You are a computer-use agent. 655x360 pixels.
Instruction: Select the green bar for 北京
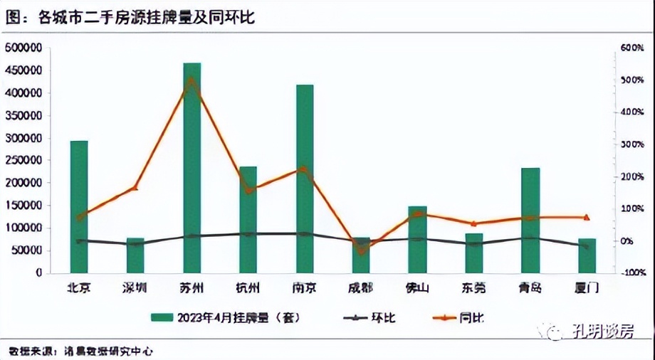click(x=79, y=206)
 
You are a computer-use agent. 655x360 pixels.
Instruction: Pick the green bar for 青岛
click(x=530, y=220)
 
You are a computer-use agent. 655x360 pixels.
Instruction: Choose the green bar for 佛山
click(x=417, y=239)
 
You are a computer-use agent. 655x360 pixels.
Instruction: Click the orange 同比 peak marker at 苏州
click(x=192, y=80)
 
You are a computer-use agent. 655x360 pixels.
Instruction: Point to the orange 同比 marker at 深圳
click(x=135, y=188)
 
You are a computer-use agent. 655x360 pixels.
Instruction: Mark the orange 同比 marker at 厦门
click(x=587, y=217)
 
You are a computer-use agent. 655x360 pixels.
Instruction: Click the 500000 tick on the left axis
click(x=23, y=48)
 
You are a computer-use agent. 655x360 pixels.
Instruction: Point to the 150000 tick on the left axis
click(x=23, y=206)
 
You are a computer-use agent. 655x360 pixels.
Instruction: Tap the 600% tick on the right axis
click(x=632, y=48)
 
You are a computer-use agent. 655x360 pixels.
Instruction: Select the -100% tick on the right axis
click(x=631, y=273)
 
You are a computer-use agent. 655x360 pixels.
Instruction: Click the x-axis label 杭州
click(x=248, y=288)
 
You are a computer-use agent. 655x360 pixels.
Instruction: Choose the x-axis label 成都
click(x=361, y=288)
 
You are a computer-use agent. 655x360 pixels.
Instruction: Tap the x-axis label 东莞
click(x=473, y=288)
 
